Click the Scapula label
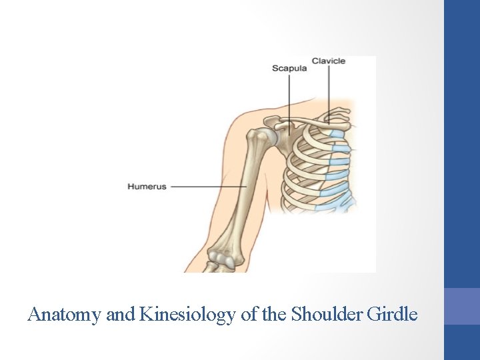[x=289, y=68]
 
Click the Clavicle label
[x=329, y=61]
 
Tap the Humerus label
[x=147, y=187]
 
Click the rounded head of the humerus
[x=268, y=137]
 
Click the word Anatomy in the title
[x=65, y=313]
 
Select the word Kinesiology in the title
[x=187, y=313]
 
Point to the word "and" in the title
[x=120, y=313]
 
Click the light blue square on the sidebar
[x=461, y=306]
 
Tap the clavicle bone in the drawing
[x=313, y=121]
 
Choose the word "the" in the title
[x=274, y=313]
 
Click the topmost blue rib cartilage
[x=337, y=134]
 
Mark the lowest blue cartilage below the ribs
[x=330, y=204]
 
